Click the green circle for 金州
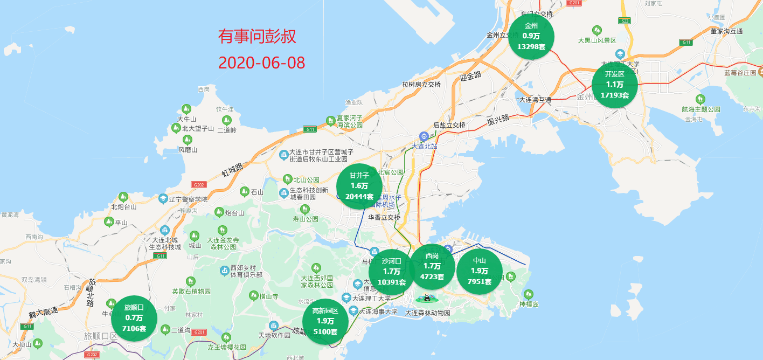pos(531,37)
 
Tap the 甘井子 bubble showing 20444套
pos(359,186)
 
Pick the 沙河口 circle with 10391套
pos(391,272)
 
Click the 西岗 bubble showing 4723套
pos(432,267)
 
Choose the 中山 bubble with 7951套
pos(480,272)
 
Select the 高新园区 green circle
pos(325,321)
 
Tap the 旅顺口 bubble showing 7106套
pos(134,319)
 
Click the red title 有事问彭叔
pos(257,37)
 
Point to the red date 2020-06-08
pos(262,63)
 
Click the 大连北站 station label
pos(424,146)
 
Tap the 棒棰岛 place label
pos(529,304)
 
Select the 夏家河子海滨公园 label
pos(349,121)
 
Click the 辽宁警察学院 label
pos(188,199)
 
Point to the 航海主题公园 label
pos(700,109)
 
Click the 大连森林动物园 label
pos(427,313)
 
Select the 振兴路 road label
pos(498,121)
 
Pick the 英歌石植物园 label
pos(191,291)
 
